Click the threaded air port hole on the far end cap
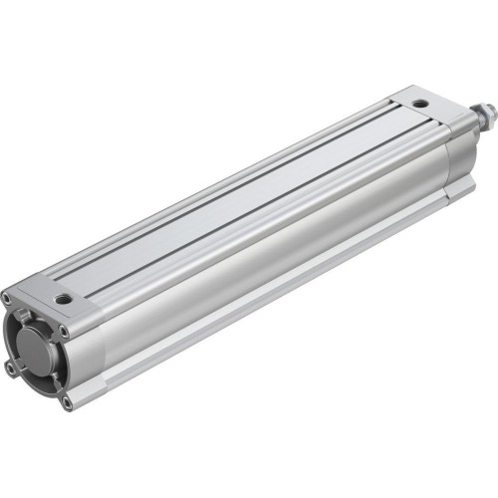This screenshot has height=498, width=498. (x=420, y=102)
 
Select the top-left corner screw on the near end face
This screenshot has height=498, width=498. (x=8, y=296)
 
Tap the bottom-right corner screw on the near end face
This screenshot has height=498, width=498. (x=66, y=402)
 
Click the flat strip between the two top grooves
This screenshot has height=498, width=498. (x=239, y=199)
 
